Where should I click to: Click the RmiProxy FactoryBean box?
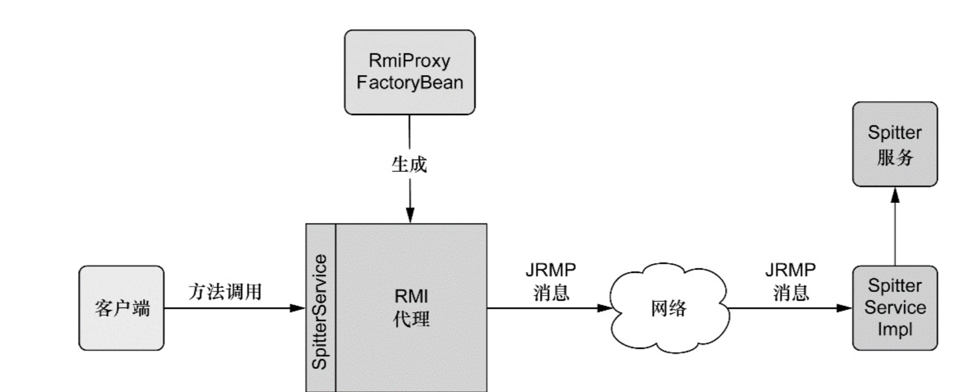click(x=409, y=72)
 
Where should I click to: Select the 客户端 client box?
click(x=122, y=308)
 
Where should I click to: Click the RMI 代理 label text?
click(x=411, y=308)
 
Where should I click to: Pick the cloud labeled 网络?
click(x=669, y=308)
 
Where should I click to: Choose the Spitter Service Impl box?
click(x=895, y=308)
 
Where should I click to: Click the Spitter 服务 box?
click(x=895, y=145)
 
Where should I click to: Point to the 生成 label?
click(x=409, y=165)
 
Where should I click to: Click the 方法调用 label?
click(x=225, y=291)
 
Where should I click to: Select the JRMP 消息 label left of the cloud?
click(x=551, y=282)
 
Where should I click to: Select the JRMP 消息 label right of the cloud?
click(x=790, y=282)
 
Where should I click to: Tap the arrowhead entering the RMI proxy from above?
click(x=410, y=216)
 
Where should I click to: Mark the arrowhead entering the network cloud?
click(x=605, y=308)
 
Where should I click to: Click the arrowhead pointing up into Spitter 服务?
click(x=895, y=195)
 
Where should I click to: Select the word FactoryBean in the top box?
click(x=409, y=83)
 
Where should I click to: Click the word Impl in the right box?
click(x=895, y=330)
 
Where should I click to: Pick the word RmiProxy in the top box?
click(x=409, y=61)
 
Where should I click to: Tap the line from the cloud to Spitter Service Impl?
click(x=782, y=308)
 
